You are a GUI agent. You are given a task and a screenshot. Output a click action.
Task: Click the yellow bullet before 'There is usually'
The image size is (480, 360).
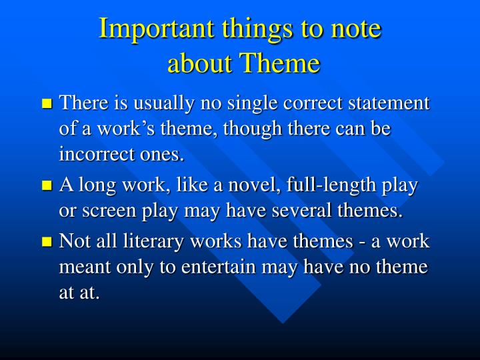coord(47,104)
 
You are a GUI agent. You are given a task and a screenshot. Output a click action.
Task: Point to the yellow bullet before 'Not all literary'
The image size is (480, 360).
coord(47,242)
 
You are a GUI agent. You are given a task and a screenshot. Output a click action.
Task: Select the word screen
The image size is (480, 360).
coord(106,212)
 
